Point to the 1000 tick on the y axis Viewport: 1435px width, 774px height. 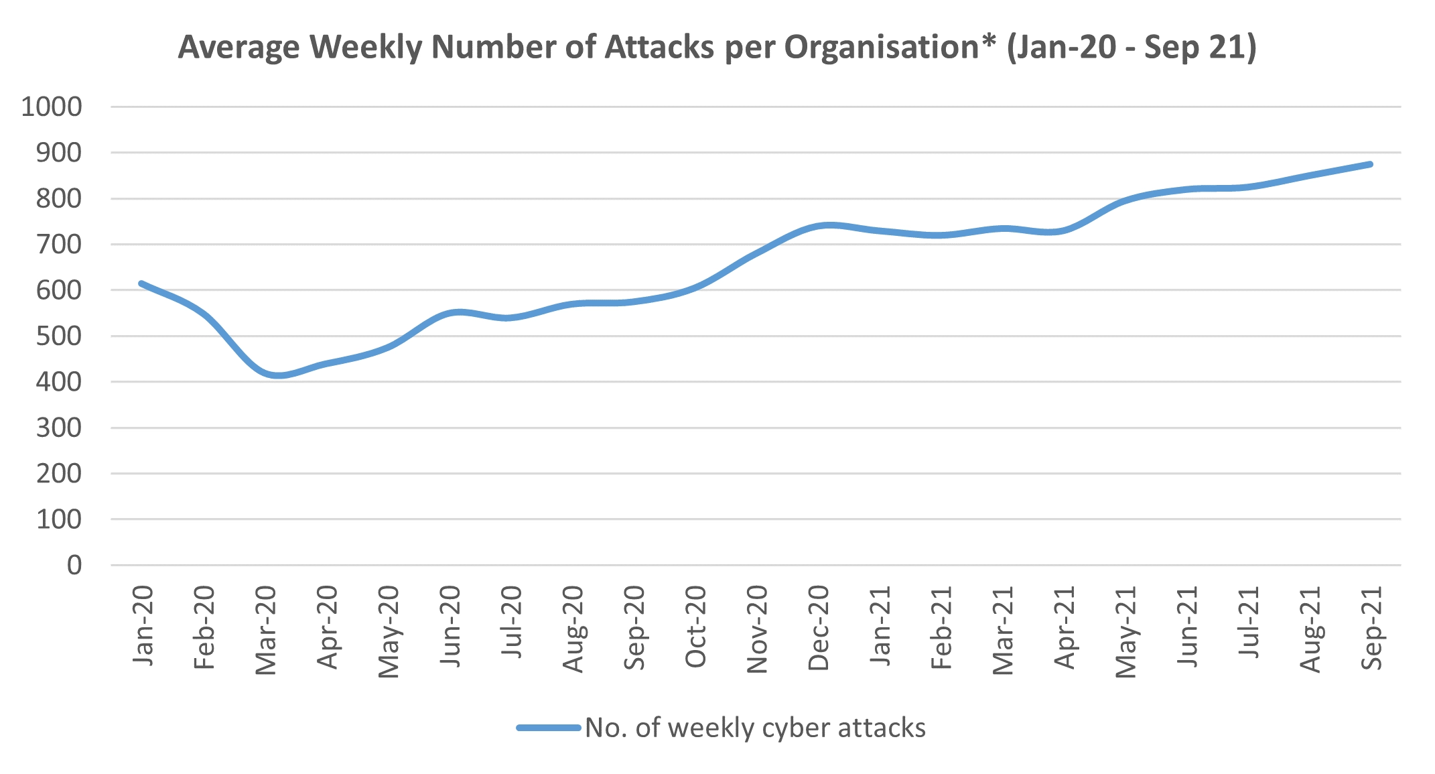[x=52, y=107]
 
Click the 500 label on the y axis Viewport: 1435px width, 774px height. [x=59, y=336]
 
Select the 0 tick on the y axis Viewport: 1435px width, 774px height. [x=74, y=565]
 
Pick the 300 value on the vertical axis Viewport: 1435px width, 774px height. [x=59, y=428]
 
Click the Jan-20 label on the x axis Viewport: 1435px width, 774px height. [x=143, y=626]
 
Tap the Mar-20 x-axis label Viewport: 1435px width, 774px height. [x=266, y=631]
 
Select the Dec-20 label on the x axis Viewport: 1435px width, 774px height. [x=819, y=628]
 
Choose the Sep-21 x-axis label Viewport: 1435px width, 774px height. [x=1371, y=628]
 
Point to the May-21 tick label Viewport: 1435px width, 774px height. [x=1126, y=632]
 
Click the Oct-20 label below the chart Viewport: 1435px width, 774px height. [x=696, y=627]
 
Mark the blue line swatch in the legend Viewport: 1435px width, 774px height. [x=548, y=728]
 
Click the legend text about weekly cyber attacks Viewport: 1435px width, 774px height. [x=755, y=728]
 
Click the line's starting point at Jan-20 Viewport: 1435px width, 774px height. [x=141, y=283]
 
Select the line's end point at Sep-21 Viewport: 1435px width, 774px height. [x=1371, y=164]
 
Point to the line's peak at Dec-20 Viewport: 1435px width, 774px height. [x=829, y=225]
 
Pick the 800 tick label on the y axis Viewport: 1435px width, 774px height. [x=59, y=198]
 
